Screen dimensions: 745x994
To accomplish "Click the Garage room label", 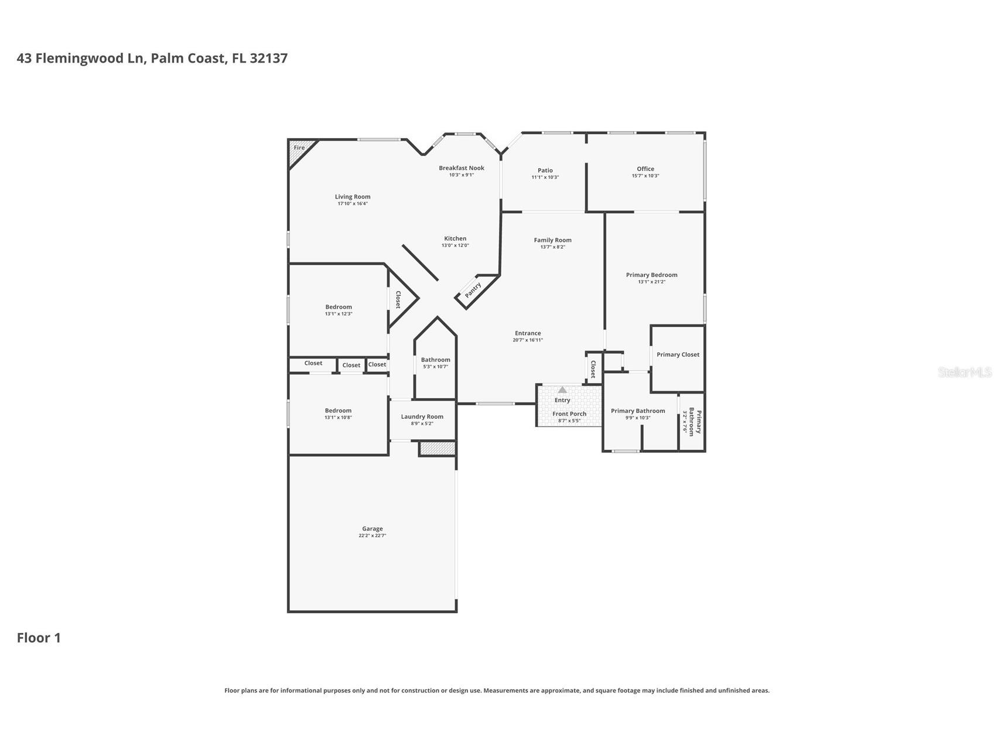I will click(x=372, y=528).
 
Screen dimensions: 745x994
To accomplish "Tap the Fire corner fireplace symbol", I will click(x=299, y=149).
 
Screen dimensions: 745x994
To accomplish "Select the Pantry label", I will click(x=473, y=290).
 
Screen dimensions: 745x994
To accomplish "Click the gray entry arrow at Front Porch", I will click(x=562, y=390).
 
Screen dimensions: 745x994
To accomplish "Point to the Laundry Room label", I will click(x=422, y=416).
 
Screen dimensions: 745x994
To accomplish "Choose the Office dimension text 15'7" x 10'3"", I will click(x=645, y=176).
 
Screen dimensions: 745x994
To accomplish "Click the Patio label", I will click(x=545, y=170).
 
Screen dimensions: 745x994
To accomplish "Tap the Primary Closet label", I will click(x=678, y=354).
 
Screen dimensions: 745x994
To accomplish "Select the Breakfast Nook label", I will click(x=462, y=168).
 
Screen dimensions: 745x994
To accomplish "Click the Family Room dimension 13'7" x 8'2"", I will click(x=552, y=247).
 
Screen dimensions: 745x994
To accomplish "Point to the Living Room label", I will click(x=353, y=197).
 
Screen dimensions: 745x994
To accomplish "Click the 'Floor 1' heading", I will click(x=39, y=638).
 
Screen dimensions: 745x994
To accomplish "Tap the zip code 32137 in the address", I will click(x=268, y=58).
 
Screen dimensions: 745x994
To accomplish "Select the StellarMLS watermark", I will click(x=964, y=372).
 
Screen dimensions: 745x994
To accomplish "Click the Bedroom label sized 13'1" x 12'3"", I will click(x=339, y=307).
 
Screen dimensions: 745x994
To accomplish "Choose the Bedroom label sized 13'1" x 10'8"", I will click(x=338, y=411).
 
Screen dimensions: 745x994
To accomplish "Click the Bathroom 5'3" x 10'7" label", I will click(x=435, y=360).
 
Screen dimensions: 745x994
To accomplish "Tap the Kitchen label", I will click(x=455, y=238).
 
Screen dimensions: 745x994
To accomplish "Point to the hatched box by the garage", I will click(x=438, y=449).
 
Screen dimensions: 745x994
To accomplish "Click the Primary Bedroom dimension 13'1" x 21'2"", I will click(x=651, y=282).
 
